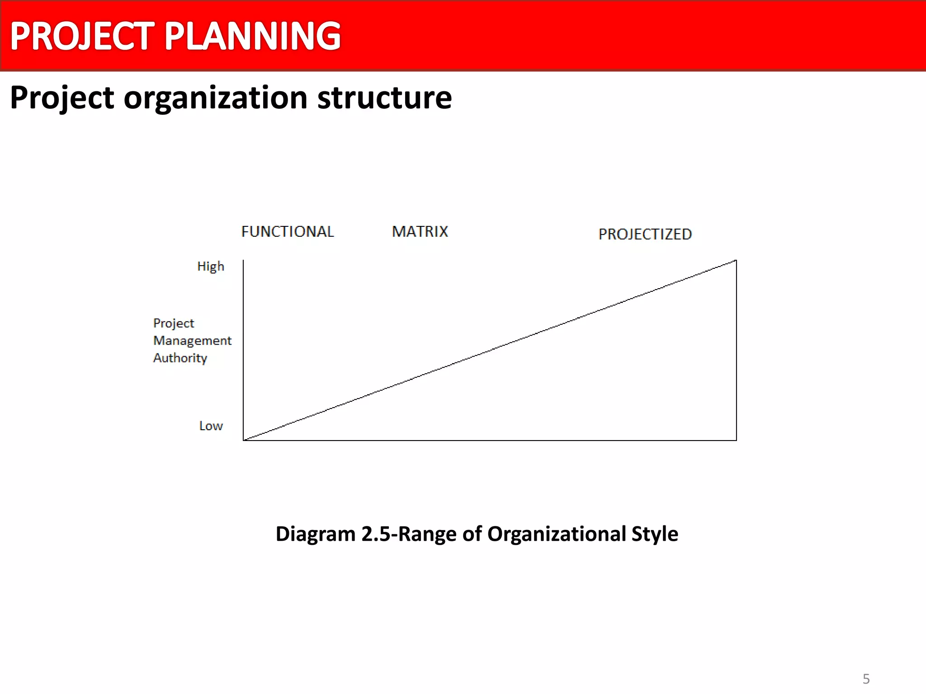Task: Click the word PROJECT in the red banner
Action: click(x=82, y=36)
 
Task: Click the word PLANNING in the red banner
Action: click(x=252, y=36)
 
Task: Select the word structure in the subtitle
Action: click(x=384, y=98)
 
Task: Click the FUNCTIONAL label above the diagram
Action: click(x=288, y=232)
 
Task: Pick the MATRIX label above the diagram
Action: click(x=420, y=232)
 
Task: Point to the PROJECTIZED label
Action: click(x=645, y=234)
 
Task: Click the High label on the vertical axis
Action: click(x=211, y=267)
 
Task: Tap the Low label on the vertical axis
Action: click(x=211, y=426)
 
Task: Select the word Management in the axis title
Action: click(x=192, y=341)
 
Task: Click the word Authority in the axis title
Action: click(x=180, y=358)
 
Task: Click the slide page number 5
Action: click(x=866, y=679)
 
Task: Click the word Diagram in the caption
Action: click(x=316, y=534)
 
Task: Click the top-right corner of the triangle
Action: click(x=736, y=260)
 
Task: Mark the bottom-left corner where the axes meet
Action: click(x=244, y=440)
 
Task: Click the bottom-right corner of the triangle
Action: click(x=736, y=440)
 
